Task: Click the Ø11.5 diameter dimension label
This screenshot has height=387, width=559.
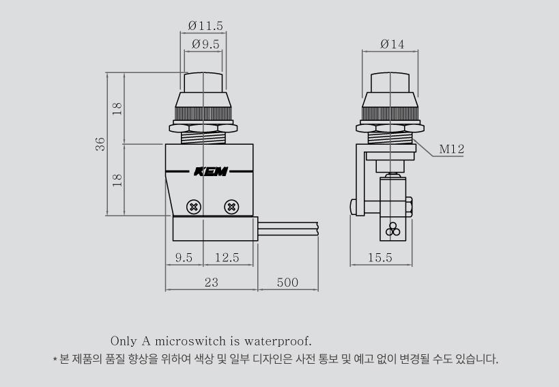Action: (x=205, y=26)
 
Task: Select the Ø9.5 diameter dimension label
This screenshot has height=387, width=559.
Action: (x=205, y=44)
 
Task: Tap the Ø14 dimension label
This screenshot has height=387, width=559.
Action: (x=392, y=44)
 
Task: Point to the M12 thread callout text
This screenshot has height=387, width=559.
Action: (x=452, y=149)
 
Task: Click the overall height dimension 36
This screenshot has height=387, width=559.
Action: (x=100, y=144)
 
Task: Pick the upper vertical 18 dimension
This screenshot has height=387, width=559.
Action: (x=117, y=109)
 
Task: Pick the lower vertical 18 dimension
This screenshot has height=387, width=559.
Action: (x=117, y=180)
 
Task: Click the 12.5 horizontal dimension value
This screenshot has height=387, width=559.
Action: (x=227, y=257)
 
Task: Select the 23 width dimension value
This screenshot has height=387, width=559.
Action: (x=212, y=283)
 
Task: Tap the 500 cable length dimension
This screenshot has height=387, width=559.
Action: (x=287, y=283)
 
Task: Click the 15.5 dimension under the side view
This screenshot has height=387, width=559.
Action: (x=380, y=257)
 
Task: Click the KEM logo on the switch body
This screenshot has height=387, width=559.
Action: (x=211, y=171)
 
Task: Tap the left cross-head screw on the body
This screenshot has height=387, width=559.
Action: (x=194, y=207)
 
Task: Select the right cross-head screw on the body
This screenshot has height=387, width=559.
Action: (x=231, y=207)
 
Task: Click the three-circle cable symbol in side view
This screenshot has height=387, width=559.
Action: (x=393, y=229)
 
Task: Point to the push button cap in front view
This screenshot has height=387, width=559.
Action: (x=203, y=83)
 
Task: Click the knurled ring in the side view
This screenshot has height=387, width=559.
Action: (x=390, y=114)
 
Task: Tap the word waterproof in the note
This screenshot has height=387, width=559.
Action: (x=278, y=341)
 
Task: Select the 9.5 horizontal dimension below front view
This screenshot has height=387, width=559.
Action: (x=184, y=257)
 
